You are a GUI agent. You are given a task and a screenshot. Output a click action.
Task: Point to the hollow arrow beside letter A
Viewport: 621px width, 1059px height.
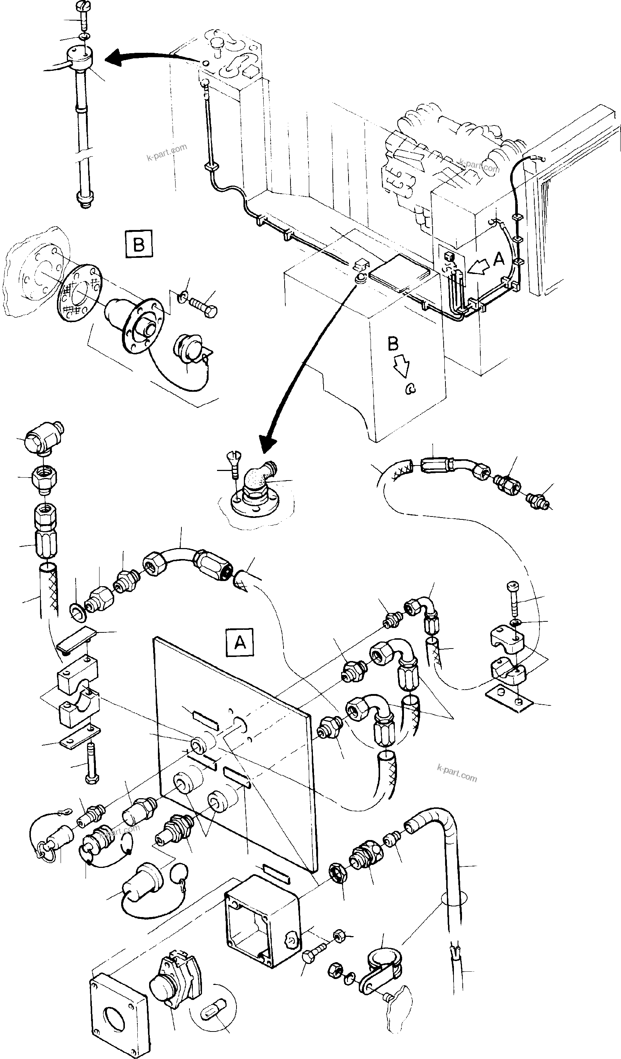point(480,265)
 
